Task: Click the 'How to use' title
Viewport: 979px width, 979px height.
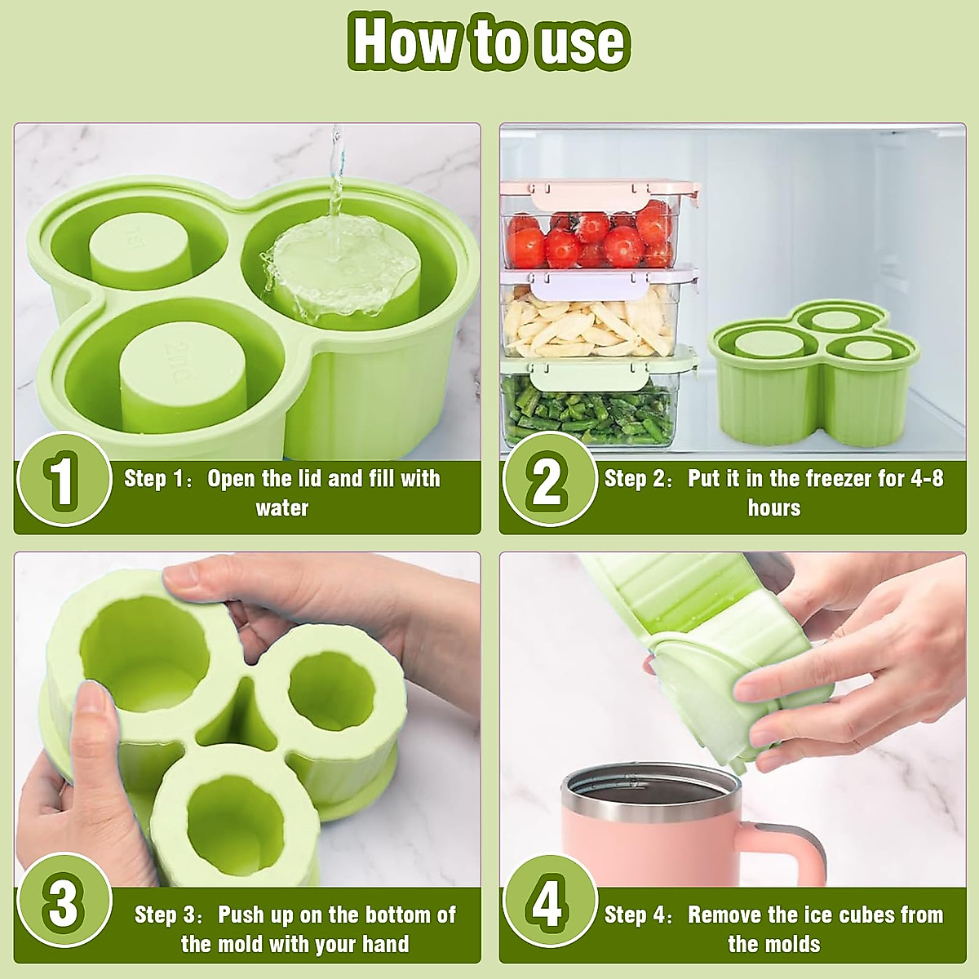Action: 489,41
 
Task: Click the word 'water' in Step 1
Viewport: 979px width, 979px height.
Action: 282,508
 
